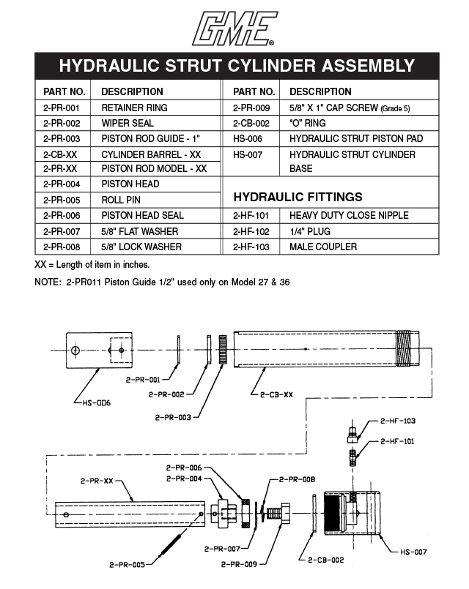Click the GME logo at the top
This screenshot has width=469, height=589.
click(x=234, y=29)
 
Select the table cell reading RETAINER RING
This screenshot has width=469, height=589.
click(x=134, y=108)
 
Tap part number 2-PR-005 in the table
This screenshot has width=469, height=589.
click(x=61, y=200)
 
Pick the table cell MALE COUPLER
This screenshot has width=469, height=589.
click(x=323, y=247)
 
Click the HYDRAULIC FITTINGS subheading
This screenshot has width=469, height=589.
click(x=298, y=197)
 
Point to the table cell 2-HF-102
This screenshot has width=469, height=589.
click(x=252, y=231)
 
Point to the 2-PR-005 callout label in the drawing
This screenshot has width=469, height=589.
click(x=128, y=564)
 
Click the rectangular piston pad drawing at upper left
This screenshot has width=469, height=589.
click(x=99, y=352)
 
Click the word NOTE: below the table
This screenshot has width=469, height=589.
click(x=50, y=282)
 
